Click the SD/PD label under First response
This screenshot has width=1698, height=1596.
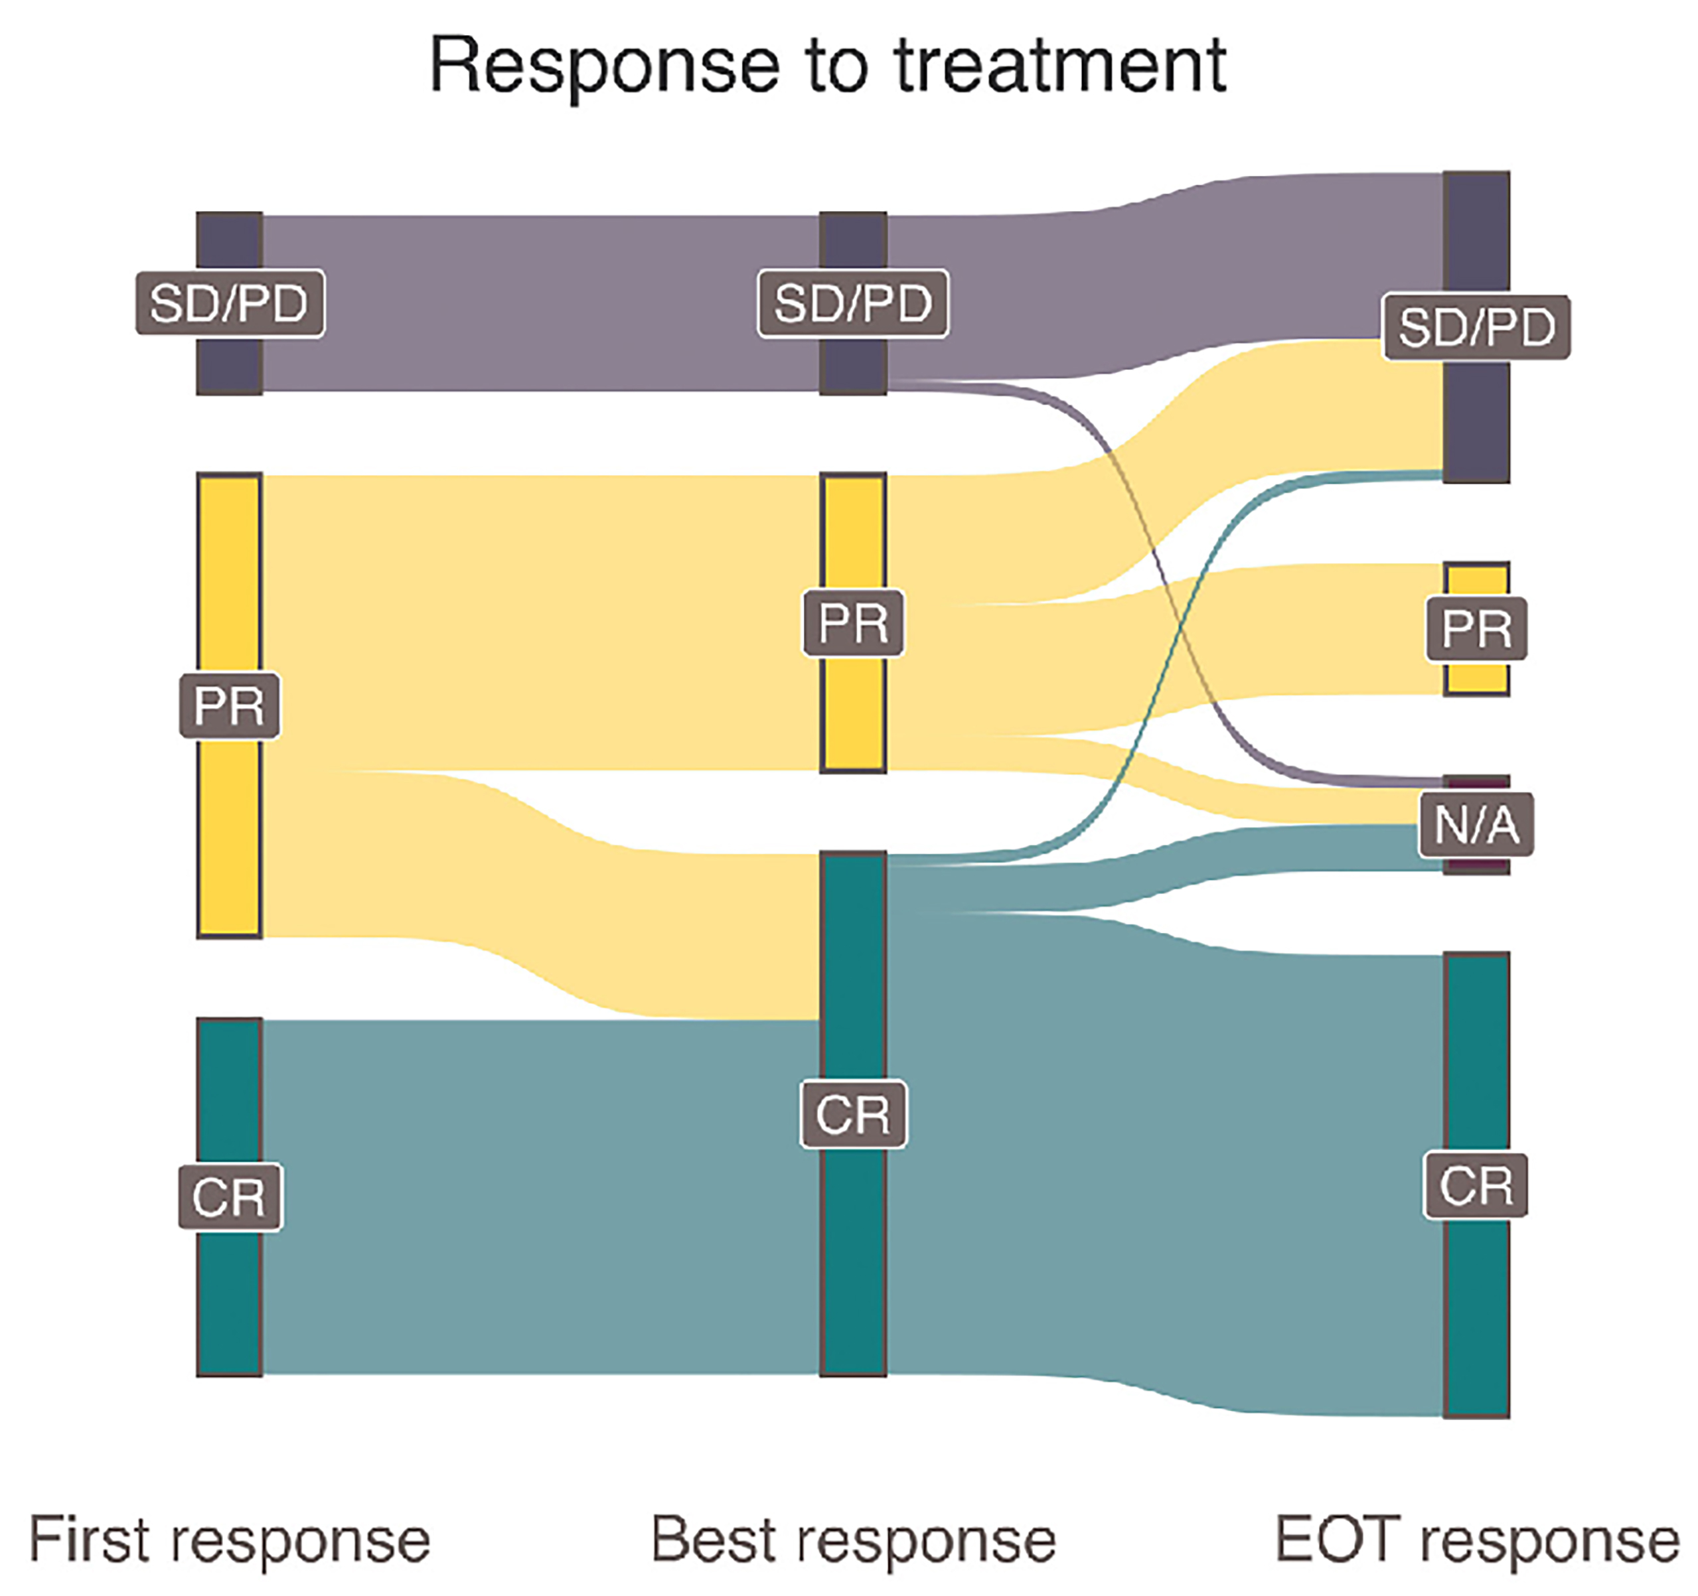coord(229,303)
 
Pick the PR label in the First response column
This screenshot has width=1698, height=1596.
coord(229,705)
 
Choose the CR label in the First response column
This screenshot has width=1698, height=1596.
coord(229,1197)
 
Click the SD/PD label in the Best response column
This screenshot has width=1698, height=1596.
coord(852,303)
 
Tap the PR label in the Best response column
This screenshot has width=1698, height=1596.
coord(852,622)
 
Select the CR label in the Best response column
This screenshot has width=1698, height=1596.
coord(852,1114)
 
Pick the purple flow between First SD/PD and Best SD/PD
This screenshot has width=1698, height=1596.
coord(538,303)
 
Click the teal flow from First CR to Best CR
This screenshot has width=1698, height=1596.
coord(538,1195)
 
